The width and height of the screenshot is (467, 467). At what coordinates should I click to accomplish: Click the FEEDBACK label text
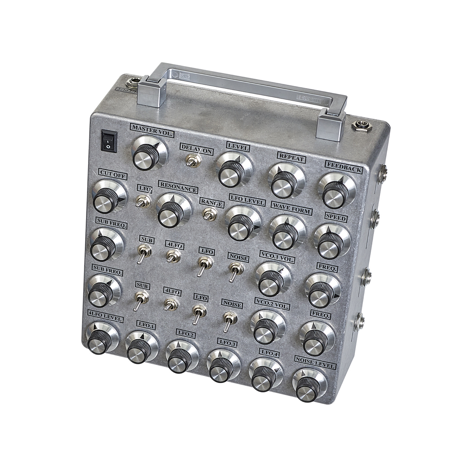(343, 168)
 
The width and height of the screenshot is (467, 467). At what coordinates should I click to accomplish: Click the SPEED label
(336, 218)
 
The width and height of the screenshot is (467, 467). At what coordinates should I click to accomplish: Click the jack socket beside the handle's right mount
(360, 125)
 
